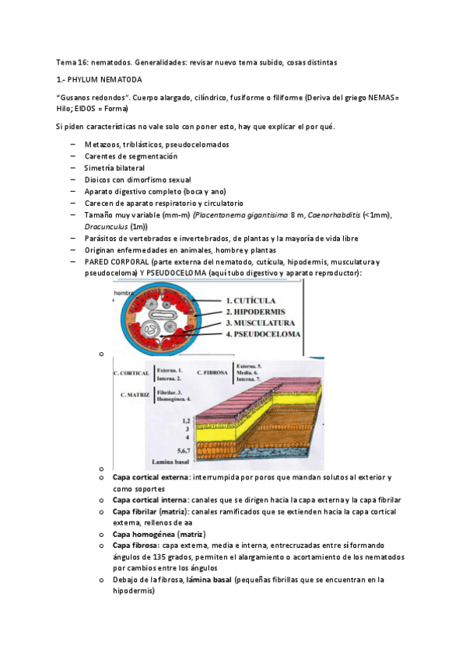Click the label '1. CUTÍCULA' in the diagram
click(x=257, y=299)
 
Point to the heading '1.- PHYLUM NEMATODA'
click(x=100, y=79)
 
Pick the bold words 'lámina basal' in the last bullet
click(x=206, y=580)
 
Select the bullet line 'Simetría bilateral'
click(x=114, y=168)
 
